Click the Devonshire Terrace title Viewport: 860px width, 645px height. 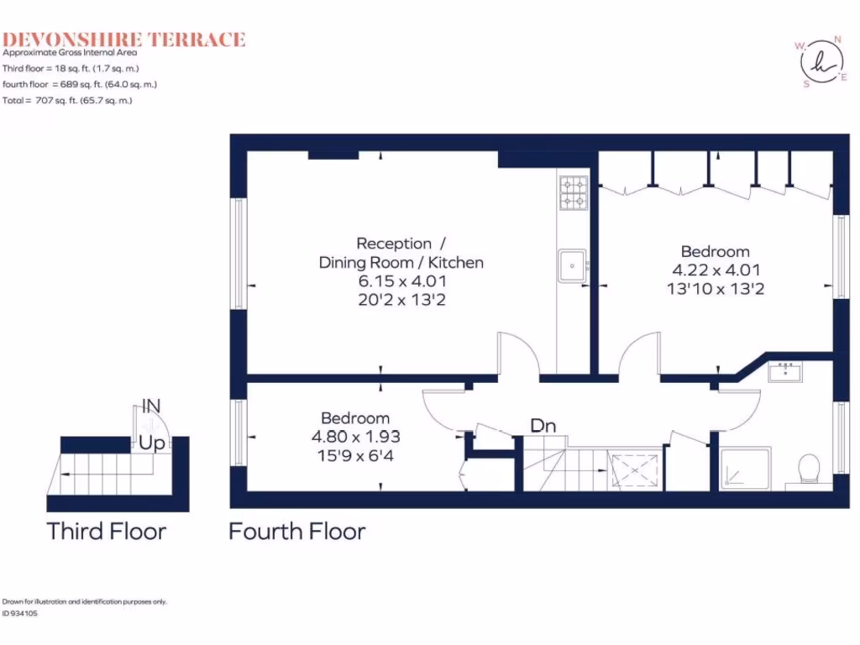coord(123,39)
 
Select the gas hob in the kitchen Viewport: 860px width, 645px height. coord(574,191)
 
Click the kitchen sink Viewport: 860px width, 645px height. coord(574,266)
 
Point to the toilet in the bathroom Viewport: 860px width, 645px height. coord(809,469)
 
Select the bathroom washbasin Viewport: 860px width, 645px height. coord(788,370)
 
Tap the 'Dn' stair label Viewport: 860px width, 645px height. coord(543,426)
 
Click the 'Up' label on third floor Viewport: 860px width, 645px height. coord(152,442)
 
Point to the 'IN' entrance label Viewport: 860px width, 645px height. coord(151,406)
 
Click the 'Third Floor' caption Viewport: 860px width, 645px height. coord(106,531)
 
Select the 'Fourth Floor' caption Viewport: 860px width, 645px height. coord(296,531)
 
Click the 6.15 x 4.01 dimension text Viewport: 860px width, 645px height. coord(401,281)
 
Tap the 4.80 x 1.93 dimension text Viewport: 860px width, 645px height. coord(355,437)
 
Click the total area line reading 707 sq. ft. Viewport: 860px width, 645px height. coord(68,100)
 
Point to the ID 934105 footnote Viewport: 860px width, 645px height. coord(20,613)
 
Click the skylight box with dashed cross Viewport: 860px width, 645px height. coord(635,469)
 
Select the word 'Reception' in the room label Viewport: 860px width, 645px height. coord(394,244)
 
